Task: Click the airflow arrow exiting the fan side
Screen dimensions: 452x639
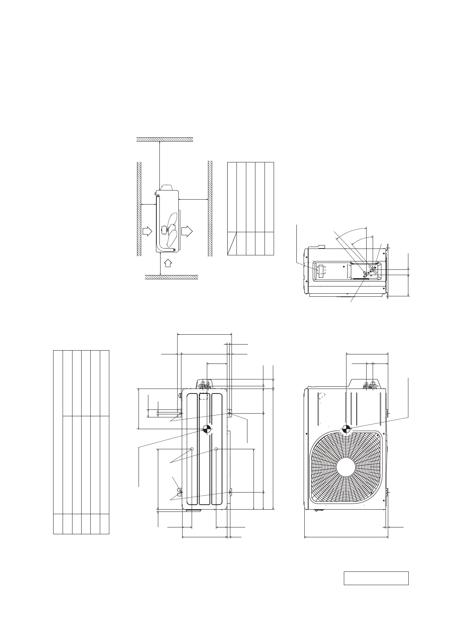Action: pos(187,231)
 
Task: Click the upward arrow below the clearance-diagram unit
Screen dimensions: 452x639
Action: pos(169,263)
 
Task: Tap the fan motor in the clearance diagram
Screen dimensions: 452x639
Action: pos(165,230)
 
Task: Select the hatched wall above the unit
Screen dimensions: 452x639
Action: pos(165,139)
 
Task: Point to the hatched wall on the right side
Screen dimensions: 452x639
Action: pos(210,209)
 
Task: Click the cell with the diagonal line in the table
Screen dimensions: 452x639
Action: pos(232,243)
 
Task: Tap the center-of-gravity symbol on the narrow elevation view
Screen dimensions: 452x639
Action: pos(207,429)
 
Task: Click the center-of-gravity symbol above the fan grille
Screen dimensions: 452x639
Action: pos(346,429)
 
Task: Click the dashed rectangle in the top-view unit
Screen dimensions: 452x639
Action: pos(321,271)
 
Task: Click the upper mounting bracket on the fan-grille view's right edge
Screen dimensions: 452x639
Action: pos(387,414)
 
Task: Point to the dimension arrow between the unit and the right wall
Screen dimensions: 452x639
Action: pos(193,199)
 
